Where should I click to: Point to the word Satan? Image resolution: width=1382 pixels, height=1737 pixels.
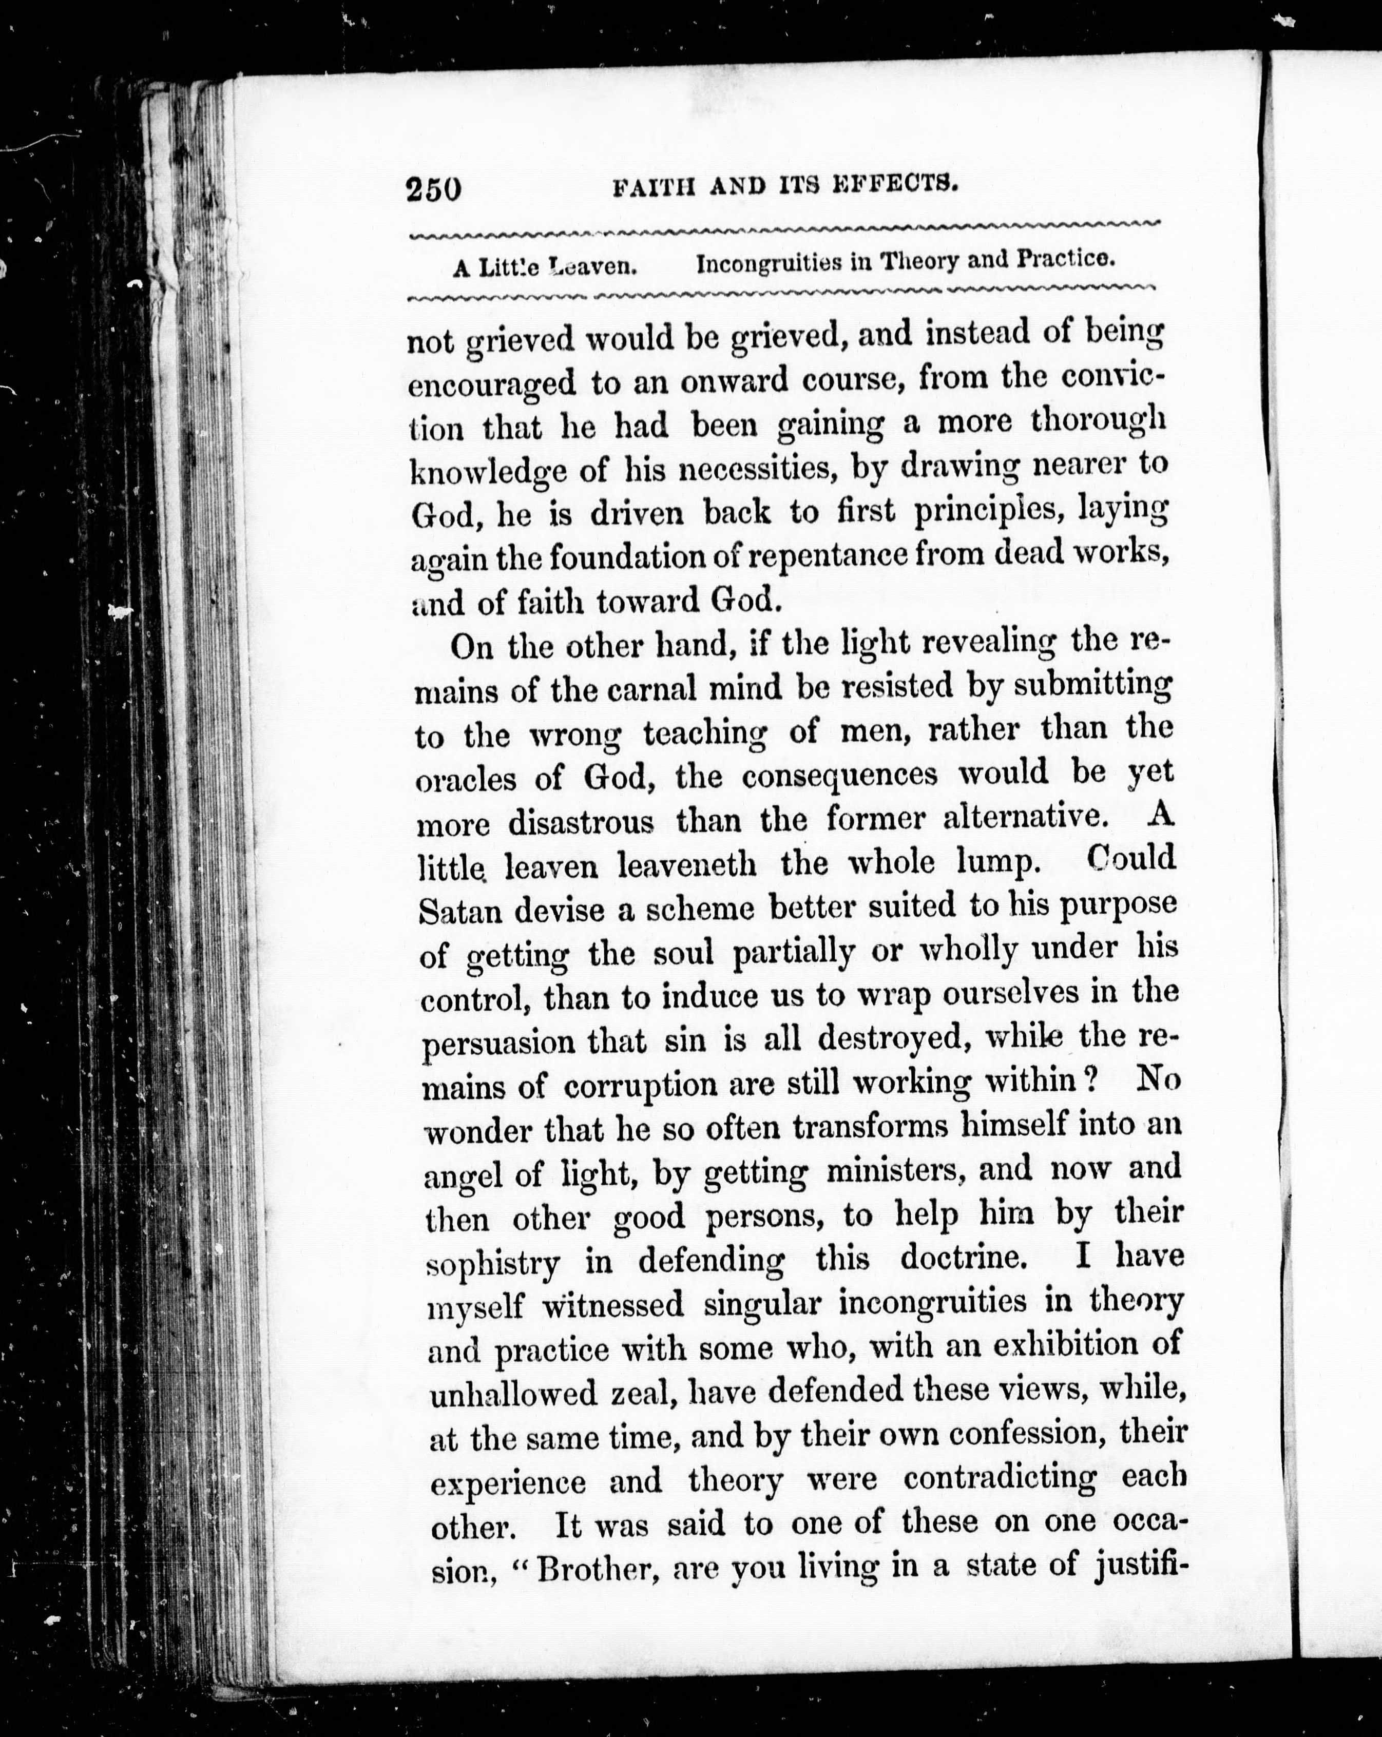click(460, 911)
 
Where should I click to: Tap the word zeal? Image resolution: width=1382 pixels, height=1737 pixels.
click(637, 1394)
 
